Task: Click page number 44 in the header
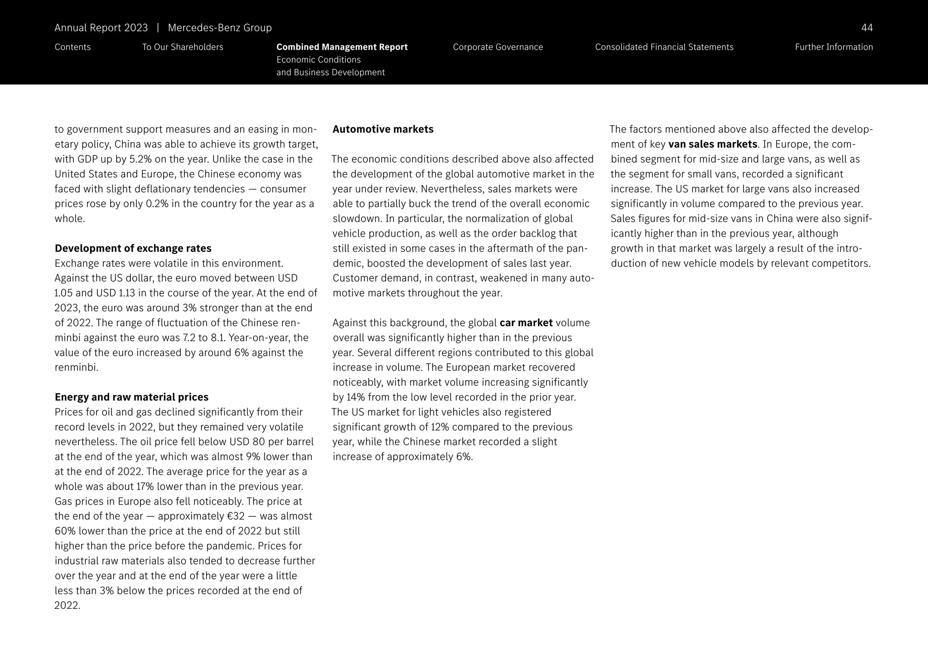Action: [x=866, y=28]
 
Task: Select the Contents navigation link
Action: [x=72, y=47]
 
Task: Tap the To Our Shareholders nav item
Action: [x=183, y=47]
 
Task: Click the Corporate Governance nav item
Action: [x=498, y=47]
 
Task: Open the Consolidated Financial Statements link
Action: [x=664, y=47]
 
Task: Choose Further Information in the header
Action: [x=833, y=47]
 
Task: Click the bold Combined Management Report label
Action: [x=342, y=47]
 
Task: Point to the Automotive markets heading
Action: [x=383, y=130]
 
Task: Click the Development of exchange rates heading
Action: [x=133, y=248]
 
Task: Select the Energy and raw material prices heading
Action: [x=131, y=397]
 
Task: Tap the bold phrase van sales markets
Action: [x=712, y=145]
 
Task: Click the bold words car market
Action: [x=526, y=323]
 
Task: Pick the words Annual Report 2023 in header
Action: [x=101, y=28]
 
